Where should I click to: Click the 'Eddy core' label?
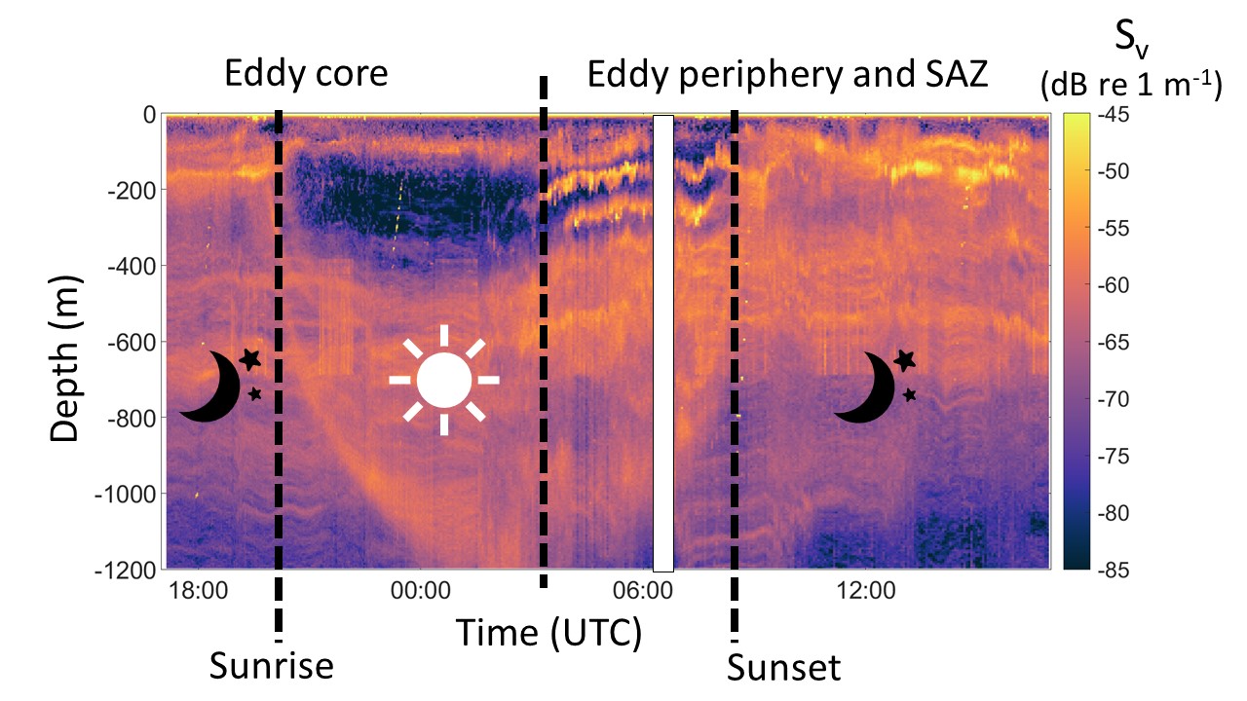(x=306, y=74)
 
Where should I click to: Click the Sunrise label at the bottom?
(x=271, y=665)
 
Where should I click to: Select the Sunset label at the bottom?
(x=784, y=668)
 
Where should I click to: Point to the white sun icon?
(x=443, y=380)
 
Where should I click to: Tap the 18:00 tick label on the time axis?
(x=198, y=590)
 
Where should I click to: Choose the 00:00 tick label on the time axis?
(x=420, y=590)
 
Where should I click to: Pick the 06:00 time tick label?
(x=643, y=590)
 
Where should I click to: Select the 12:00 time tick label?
(x=866, y=590)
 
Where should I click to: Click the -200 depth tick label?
(x=132, y=191)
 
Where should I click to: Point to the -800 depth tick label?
(x=132, y=419)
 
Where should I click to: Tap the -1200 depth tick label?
(x=126, y=571)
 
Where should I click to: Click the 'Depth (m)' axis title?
(x=65, y=359)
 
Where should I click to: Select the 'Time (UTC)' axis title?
(x=548, y=633)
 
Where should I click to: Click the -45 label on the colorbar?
(x=1114, y=115)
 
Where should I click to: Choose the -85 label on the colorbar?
(x=1114, y=571)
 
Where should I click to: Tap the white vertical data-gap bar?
(x=663, y=344)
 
